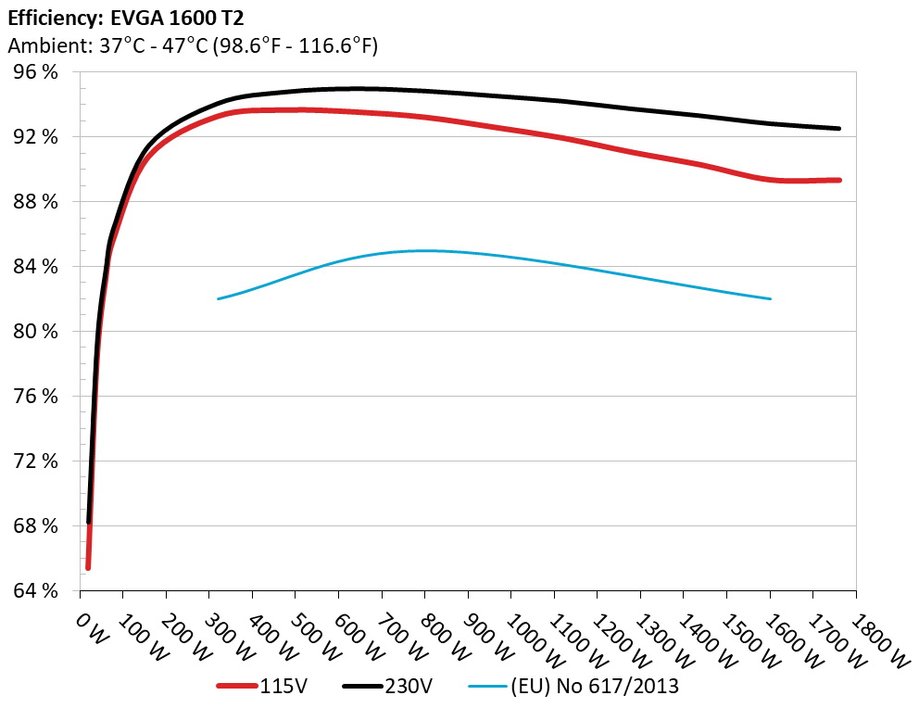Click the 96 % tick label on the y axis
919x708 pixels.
pos(34,71)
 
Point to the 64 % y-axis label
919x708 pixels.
pos(34,590)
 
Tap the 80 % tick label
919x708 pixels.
pos(34,331)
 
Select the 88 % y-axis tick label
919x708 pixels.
pos(34,201)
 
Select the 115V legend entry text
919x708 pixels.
pos(283,687)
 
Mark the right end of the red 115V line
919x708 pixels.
pos(839,180)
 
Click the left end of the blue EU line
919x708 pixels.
pos(218,298)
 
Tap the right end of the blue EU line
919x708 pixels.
pos(770,298)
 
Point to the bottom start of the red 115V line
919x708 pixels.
pos(88,567)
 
